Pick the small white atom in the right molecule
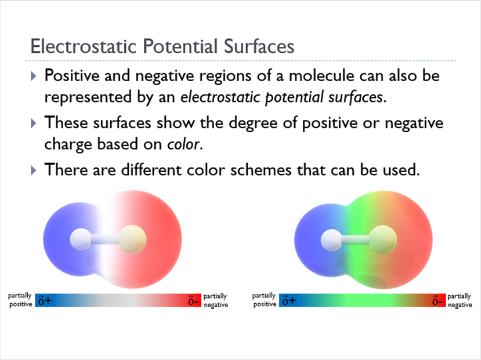click(x=331, y=238)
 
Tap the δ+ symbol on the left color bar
click(x=45, y=300)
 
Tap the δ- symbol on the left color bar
click(x=194, y=300)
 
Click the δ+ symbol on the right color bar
click(x=288, y=300)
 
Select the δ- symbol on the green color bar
click(x=438, y=300)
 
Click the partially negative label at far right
click(x=460, y=300)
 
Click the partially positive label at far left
click(x=20, y=300)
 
